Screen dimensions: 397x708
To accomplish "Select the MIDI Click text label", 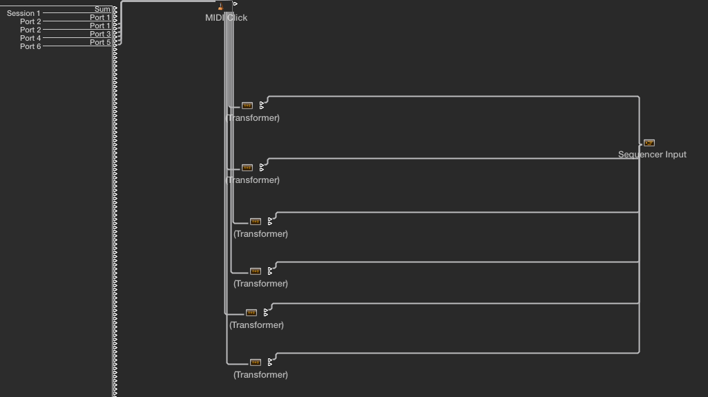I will coord(226,18).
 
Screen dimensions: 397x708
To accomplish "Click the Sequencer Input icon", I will coord(649,143).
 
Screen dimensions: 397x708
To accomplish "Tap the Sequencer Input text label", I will coord(652,155).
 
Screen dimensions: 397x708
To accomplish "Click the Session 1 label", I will coord(23,13).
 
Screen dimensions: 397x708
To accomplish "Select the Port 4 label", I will coord(30,38).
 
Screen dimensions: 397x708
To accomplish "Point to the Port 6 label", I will coord(30,46).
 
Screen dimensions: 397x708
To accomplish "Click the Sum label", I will coord(102,9).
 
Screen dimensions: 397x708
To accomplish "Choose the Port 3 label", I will coord(100,34).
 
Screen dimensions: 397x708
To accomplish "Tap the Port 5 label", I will coord(100,42).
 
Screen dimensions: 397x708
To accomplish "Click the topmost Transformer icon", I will coord(247,106).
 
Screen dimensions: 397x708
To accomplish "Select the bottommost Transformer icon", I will coord(256,362).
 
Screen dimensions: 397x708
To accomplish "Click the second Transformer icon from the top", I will coord(247,168).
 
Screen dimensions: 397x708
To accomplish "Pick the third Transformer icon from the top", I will coord(256,222).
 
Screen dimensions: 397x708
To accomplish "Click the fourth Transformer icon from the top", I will coord(256,271).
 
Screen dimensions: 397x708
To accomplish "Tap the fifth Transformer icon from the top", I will coord(251,313).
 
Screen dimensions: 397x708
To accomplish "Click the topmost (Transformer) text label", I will coord(253,118).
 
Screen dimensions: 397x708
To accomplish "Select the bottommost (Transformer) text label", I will coord(260,375).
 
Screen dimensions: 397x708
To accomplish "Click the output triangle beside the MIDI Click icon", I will coord(236,3).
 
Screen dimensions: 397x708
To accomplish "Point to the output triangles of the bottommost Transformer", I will coord(270,362).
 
